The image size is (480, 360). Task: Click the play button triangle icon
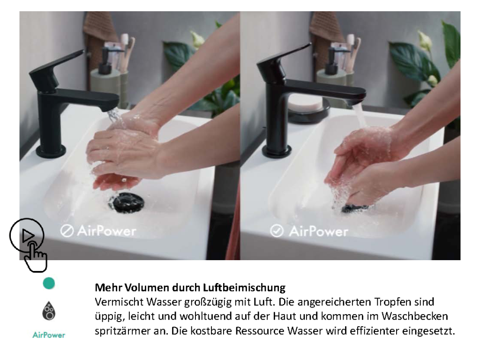[x=28, y=236]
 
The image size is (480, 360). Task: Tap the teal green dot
[x=49, y=284]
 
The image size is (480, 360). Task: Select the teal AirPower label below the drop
[x=49, y=335]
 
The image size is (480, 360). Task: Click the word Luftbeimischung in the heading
[x=244, y=288]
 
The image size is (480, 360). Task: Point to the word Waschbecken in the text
[x=414, y=316]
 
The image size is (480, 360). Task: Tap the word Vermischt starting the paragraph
[x=119, y=302]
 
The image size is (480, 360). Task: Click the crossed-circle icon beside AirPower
[x=67, y=231]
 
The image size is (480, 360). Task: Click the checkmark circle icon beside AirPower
[x=277, y=231]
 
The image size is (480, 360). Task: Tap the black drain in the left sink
[x=126, y=202]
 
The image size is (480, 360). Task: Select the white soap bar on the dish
[x=306, y=103]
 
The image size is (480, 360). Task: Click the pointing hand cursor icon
[x=36, y=256]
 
